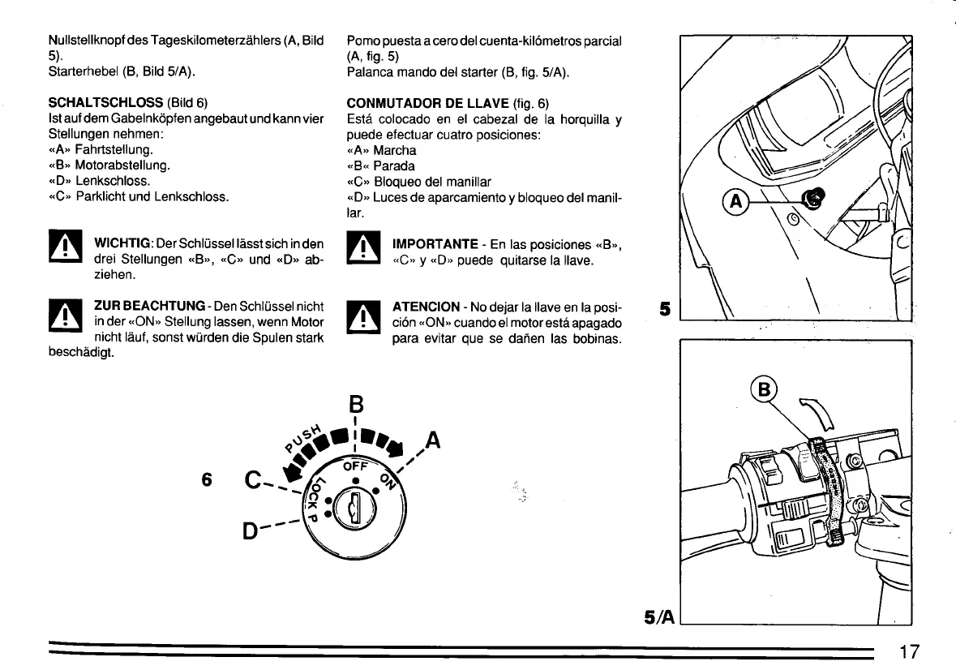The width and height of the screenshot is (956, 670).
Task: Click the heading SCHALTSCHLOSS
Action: click(106, 103)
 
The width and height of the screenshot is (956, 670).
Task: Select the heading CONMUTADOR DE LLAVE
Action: click(429, 103)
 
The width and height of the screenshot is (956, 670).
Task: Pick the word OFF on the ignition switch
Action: click(356, 468)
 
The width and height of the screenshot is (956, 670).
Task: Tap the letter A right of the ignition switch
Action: click(433, 441)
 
